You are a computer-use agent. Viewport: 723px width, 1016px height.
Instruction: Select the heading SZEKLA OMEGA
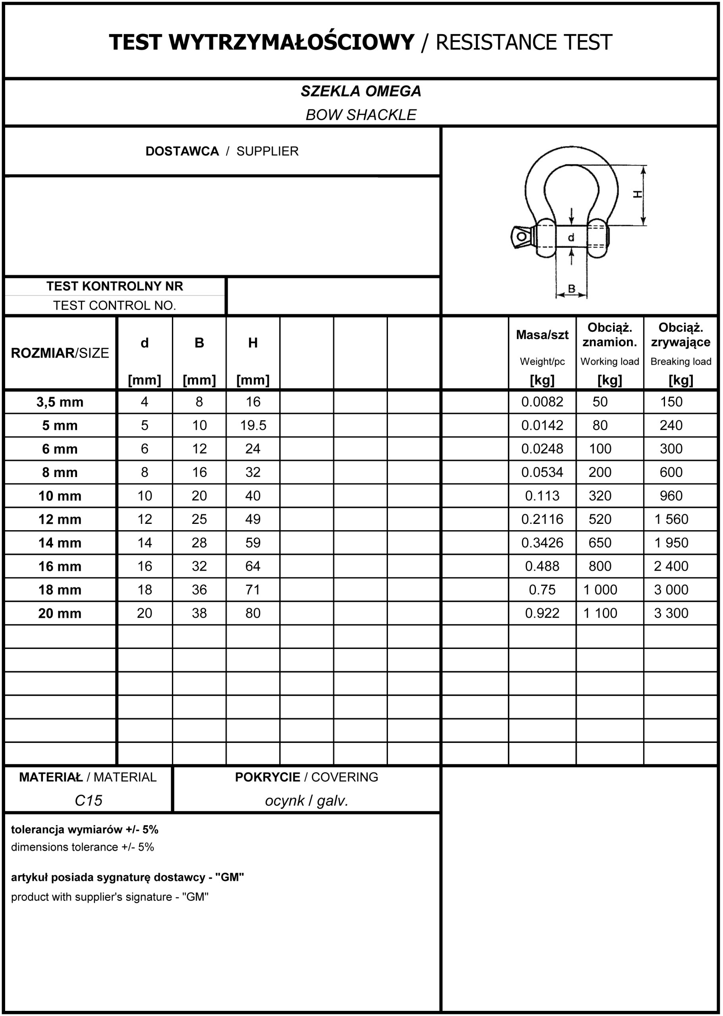click(x=361, y=91)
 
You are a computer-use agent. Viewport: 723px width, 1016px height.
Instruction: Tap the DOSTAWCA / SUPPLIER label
click(x=222, y=151)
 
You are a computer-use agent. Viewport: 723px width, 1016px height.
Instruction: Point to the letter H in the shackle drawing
click(x=638, y=194)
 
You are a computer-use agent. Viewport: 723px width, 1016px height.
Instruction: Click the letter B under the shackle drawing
click(x=572, y=289)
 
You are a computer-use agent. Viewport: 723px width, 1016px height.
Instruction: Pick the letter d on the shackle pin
click(x=571, y=238)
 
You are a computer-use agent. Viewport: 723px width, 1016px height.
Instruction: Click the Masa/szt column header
click(x=542, y=335)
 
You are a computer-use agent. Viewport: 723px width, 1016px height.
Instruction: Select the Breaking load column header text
click(x=680, y=362)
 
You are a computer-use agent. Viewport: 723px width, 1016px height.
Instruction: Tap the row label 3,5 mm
click(x=60, y=402)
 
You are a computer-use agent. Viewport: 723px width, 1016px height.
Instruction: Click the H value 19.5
click(x=253, y=425)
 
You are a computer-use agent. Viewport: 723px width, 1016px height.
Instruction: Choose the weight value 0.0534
click(x=542, y=472)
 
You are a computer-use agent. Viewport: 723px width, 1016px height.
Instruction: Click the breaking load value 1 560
click(x=671, y=520)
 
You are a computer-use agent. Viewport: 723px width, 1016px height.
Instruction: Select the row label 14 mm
click(x=60, y=543)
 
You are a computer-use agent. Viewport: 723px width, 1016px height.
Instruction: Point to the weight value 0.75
click(x=542, y=590)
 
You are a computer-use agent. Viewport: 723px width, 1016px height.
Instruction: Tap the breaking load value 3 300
click(x=671, y=613)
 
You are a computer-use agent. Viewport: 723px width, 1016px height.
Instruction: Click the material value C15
click(x=88, y=800)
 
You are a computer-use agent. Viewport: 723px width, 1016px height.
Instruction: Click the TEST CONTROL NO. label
click(x=114, y=306)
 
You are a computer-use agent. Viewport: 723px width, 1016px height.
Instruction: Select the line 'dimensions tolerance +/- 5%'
click(x=82, y=847)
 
